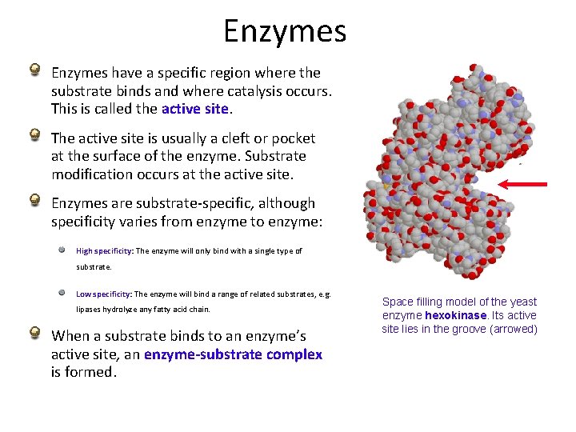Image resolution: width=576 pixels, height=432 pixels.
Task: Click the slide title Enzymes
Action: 285,31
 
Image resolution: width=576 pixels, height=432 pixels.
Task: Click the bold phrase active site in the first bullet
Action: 195,108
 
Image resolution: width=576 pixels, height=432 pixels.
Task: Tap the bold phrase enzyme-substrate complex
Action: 234,354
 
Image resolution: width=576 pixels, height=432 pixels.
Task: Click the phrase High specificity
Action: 105,250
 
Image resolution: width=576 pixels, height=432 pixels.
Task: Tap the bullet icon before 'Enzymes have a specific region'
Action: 36,70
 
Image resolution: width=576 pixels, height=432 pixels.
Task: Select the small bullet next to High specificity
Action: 62,249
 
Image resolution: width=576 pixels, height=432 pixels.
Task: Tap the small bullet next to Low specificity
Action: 62,292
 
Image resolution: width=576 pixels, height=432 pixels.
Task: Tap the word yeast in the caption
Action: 522,302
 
